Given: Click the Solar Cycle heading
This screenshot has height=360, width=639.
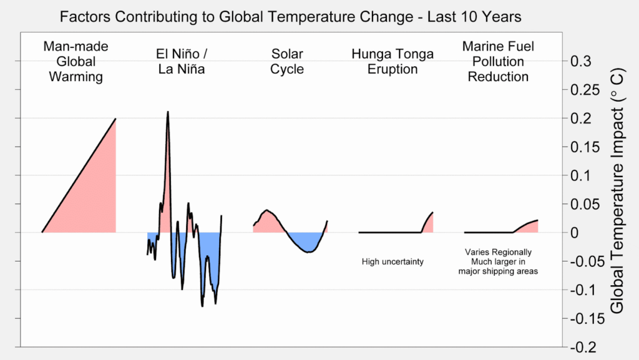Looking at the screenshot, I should [286, 62].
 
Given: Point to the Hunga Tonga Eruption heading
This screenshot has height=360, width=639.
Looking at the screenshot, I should [392, 62].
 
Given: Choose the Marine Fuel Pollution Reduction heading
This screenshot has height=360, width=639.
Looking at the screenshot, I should [498, 62].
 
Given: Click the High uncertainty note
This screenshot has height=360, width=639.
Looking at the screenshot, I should [393, 261].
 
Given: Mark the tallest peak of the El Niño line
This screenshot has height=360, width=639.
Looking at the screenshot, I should [168, 112].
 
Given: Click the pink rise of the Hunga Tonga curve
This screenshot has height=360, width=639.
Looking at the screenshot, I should [429, 224].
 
